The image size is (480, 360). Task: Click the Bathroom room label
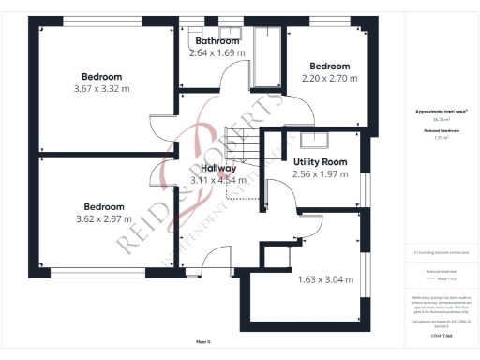point(217,41)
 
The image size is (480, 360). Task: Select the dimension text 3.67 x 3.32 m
point(101,89)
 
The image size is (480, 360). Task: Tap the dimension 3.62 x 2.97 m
point(103,219)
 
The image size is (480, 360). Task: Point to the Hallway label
point(218,168)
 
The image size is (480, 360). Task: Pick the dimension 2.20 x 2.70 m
point(330,80)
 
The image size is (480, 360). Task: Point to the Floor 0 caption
point(203,342)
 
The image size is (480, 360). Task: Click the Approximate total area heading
point(440,112)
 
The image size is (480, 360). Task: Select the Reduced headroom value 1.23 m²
point(440,138)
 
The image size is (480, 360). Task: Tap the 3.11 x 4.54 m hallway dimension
point(218,180)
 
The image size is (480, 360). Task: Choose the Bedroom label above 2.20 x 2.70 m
point(330,67)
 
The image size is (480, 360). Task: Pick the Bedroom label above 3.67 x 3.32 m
point(101,77)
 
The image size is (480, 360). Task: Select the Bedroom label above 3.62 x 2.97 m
point(103,207)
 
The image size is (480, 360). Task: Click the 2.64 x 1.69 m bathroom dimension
point(217,53)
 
